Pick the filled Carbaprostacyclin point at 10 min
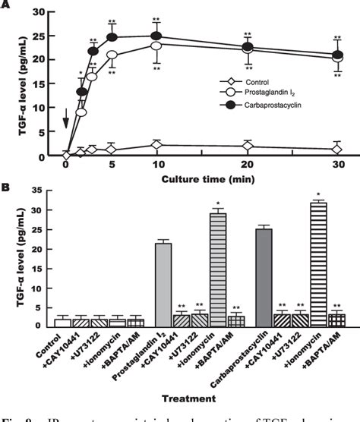pyautogui.click(x=156, y=36)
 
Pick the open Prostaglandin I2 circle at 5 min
pyautogui.click(x=112, y=55)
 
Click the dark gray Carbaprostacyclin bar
pyautogui.click(x=264, y=277)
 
